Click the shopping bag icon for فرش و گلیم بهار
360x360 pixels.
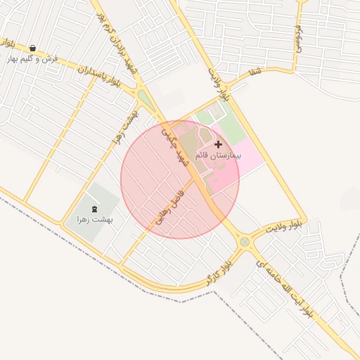click(33, 49)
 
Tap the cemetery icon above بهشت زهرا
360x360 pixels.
click(95, 209)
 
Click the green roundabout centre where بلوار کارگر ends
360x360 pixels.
click(245, 242)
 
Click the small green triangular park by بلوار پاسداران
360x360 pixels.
click(146, 99)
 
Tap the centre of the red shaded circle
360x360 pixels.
click(180, 179)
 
